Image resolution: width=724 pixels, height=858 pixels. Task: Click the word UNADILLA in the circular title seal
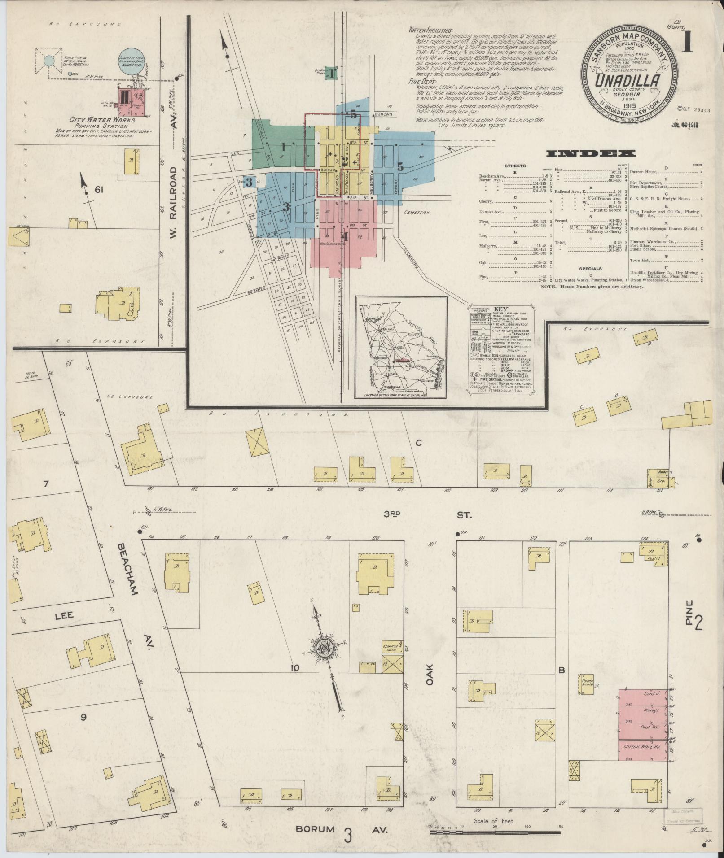point(627,81)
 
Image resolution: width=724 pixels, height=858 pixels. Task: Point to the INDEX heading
point(590,154)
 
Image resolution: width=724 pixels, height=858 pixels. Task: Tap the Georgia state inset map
point(401,347)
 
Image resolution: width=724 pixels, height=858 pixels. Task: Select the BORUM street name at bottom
point(315,829)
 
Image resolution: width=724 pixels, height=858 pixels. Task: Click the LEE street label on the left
point(64,616)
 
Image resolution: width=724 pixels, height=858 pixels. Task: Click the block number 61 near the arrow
point(99,190)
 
